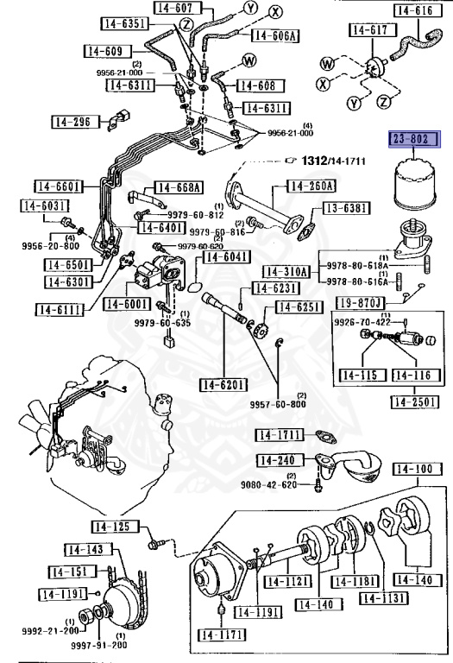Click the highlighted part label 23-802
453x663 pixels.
414,139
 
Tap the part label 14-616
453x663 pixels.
418,10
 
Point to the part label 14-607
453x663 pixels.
178,8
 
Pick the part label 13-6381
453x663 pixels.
347,208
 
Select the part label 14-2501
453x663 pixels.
414,401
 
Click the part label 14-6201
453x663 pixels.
223,384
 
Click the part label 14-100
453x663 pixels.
418,469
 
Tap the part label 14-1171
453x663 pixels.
222,635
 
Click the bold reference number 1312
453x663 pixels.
314,161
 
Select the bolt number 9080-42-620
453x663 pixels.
268,484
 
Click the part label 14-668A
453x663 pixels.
179,186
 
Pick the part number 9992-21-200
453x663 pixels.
50,631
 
